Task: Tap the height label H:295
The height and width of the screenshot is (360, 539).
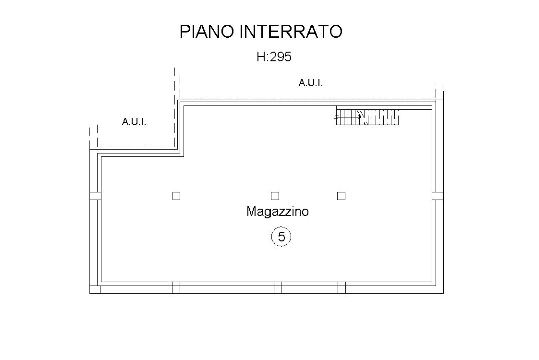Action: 274,57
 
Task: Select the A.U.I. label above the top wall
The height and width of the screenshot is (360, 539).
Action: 311,83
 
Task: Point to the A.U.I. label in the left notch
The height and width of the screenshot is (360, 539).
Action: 134,122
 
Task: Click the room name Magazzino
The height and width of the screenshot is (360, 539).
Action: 277,212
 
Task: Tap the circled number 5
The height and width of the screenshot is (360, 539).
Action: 281,236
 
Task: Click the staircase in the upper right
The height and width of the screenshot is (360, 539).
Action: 368,117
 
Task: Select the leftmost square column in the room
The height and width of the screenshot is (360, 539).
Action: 176,196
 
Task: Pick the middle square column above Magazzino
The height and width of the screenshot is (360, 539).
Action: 275,196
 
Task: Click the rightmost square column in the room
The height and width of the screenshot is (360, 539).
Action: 341,196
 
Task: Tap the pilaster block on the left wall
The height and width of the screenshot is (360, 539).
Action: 95,196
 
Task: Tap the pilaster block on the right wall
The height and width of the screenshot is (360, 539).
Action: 438,196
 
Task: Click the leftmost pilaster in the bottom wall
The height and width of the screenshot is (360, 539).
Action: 176,288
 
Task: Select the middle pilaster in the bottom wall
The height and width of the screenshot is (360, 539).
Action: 278,288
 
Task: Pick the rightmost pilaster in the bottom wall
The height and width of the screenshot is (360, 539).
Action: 342,288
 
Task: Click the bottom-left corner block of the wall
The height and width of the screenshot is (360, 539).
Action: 95,289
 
